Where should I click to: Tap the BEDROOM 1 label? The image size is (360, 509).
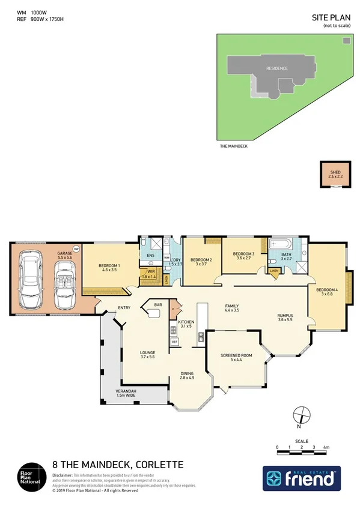click(109, 268)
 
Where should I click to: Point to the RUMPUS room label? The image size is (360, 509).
click(285, 317)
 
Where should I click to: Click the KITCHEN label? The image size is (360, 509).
click(185, 324)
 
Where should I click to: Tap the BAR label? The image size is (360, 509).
click(159, 305)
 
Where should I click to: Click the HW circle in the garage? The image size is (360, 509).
click(76, 248)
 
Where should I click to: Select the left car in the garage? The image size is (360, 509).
click(32, 282)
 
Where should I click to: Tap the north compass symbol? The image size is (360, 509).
click(302, 416)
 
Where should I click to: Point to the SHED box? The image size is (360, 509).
click(335, 175)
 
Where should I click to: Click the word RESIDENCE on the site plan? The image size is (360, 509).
click(277, 68)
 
